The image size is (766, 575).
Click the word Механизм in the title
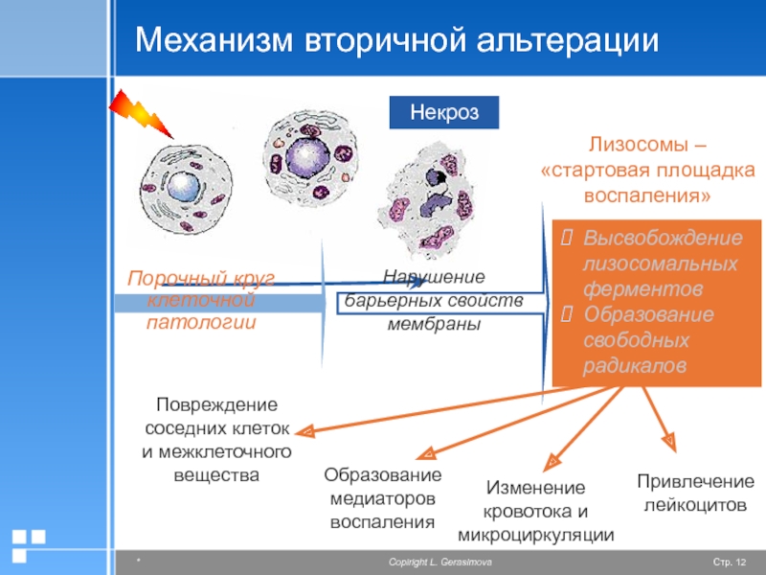point(214,39)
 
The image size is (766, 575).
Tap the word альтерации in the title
point(567,40)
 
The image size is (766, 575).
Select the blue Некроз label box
point(444,112)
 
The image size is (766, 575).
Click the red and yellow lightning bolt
point(141,114)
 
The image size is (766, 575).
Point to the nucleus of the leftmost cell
point(183,186)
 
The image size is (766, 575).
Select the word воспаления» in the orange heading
point(647,195)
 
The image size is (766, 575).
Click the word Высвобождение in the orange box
point(663,238)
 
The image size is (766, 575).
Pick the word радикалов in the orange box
point(635,366)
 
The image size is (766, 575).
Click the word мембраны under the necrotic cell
point(435,324)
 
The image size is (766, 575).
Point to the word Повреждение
point(217,404)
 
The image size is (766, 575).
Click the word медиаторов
point(382,498)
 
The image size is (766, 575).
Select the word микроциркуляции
point(536,535)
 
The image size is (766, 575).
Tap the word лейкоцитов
point(695,505)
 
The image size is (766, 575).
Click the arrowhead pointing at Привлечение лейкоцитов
point(669,442)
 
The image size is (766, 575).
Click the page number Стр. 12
point(730,563)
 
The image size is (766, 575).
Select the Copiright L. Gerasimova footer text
point(440,563)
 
